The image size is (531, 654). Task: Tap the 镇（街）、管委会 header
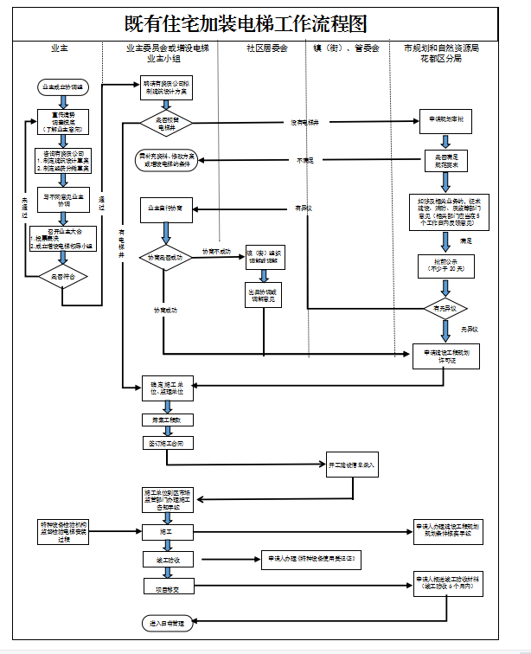coord(346,49)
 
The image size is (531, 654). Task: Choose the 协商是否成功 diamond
coord(165,258)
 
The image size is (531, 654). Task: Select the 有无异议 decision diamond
coord(445,308)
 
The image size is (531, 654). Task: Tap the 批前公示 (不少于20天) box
coord(445,266)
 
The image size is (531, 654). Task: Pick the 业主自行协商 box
coord(165,208)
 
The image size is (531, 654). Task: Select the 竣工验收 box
coord(165,561)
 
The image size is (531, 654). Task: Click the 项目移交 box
coord(165,589)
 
